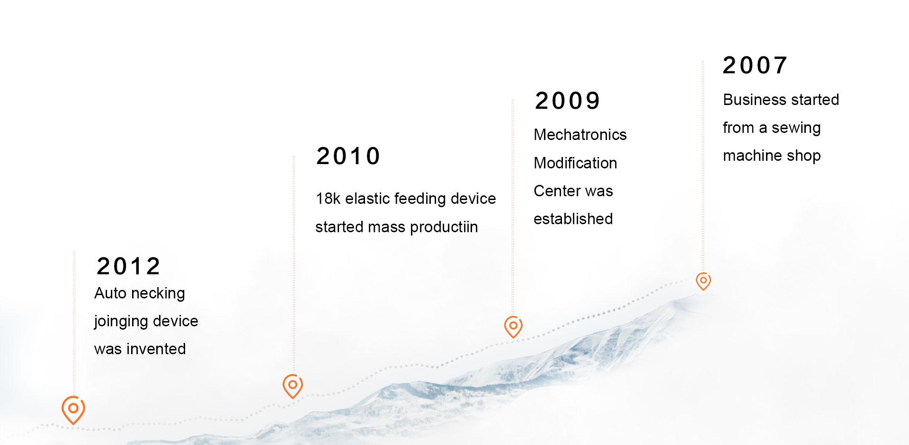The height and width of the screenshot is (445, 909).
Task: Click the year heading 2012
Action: point(128,266)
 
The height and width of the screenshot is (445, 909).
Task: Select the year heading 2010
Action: point(348,156)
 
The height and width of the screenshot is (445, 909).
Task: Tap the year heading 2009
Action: point(567,101)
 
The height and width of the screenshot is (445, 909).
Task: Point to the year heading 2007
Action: point(755,65)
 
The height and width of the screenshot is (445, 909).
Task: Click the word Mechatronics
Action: point(580,135)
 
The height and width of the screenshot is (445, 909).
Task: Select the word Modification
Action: point(575,163)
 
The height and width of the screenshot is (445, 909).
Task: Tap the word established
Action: point(573,219)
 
